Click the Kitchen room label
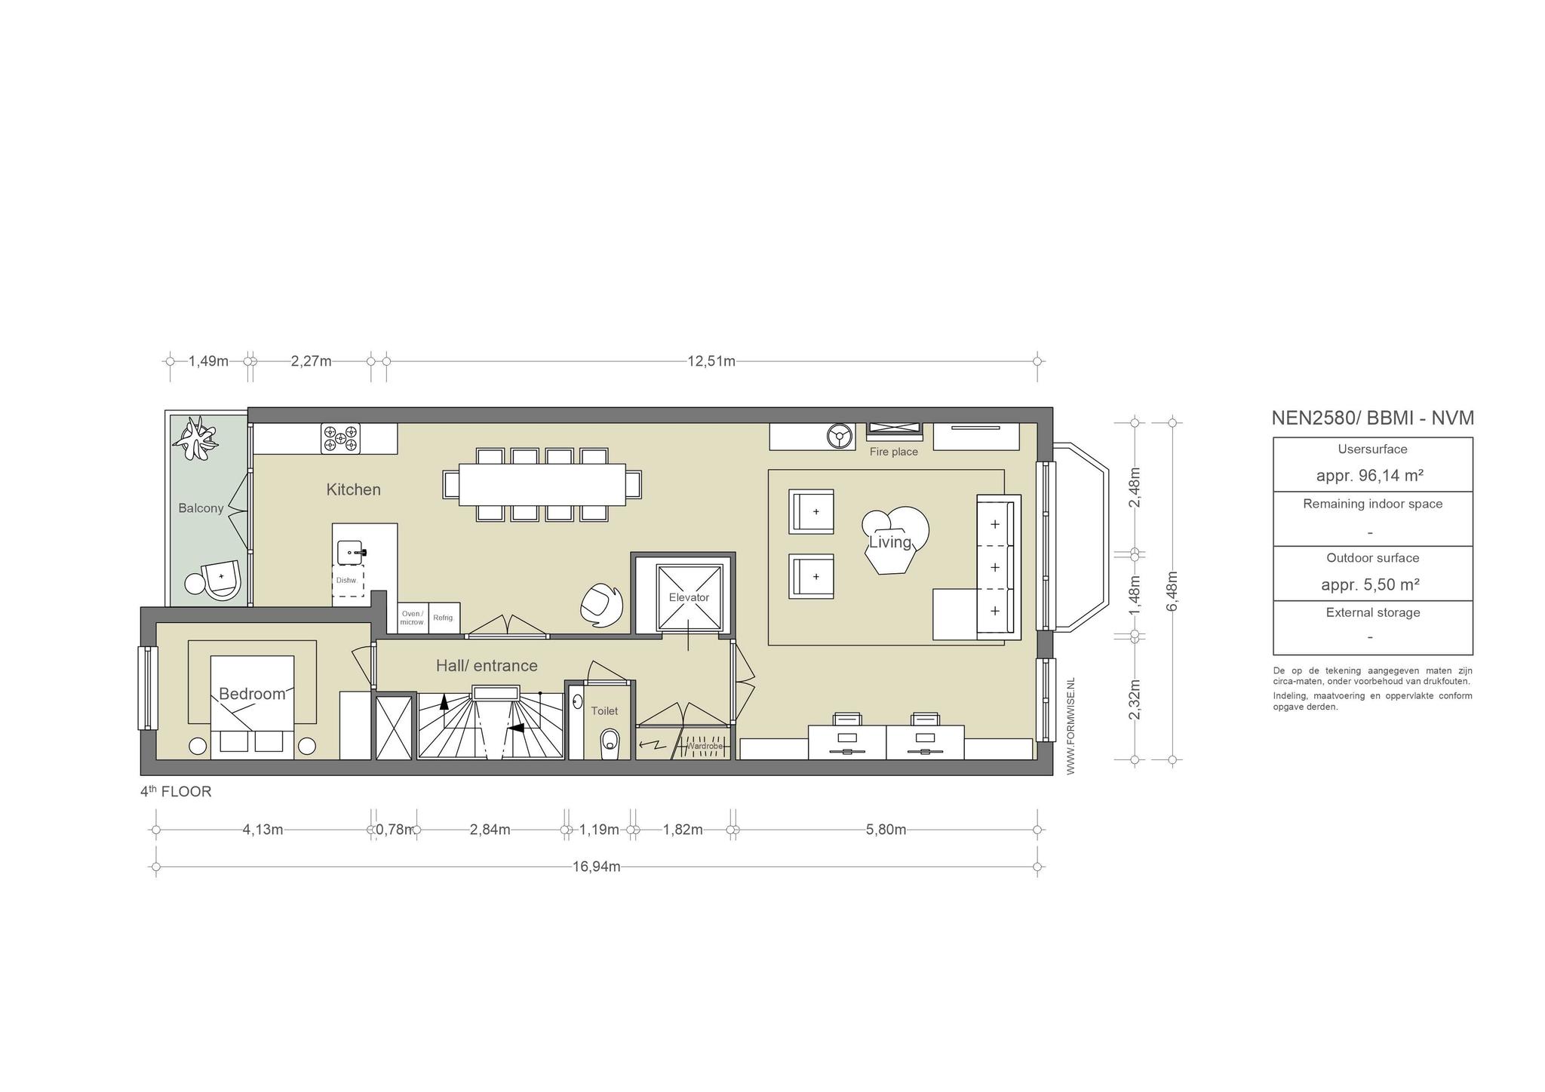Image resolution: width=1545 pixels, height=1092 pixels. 353,489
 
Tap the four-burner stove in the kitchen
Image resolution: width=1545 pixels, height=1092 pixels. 341,438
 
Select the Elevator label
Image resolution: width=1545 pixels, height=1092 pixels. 689,597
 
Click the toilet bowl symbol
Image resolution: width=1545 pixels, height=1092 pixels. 610,741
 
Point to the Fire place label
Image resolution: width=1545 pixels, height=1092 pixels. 894,452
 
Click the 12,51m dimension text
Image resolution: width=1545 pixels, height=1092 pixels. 711,361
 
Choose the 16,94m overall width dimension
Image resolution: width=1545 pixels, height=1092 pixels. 597,867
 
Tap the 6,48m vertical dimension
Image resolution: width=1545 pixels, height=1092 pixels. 1172,592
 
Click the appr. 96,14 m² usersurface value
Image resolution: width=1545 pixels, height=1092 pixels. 1370,475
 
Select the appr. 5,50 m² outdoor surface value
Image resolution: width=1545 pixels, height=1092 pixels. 1371,584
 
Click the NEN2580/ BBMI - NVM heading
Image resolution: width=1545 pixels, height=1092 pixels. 1373,418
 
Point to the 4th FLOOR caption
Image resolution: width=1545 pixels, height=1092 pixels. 176,792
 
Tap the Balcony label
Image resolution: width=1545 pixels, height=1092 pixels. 201,508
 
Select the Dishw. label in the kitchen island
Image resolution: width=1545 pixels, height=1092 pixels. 346,580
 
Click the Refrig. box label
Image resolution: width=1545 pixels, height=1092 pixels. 443,618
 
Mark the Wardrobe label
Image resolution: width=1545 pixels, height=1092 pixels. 705,747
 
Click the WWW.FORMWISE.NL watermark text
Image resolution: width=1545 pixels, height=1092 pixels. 1070,725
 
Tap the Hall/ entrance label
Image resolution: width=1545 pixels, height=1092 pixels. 487,665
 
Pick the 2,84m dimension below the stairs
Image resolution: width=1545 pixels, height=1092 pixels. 490,830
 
